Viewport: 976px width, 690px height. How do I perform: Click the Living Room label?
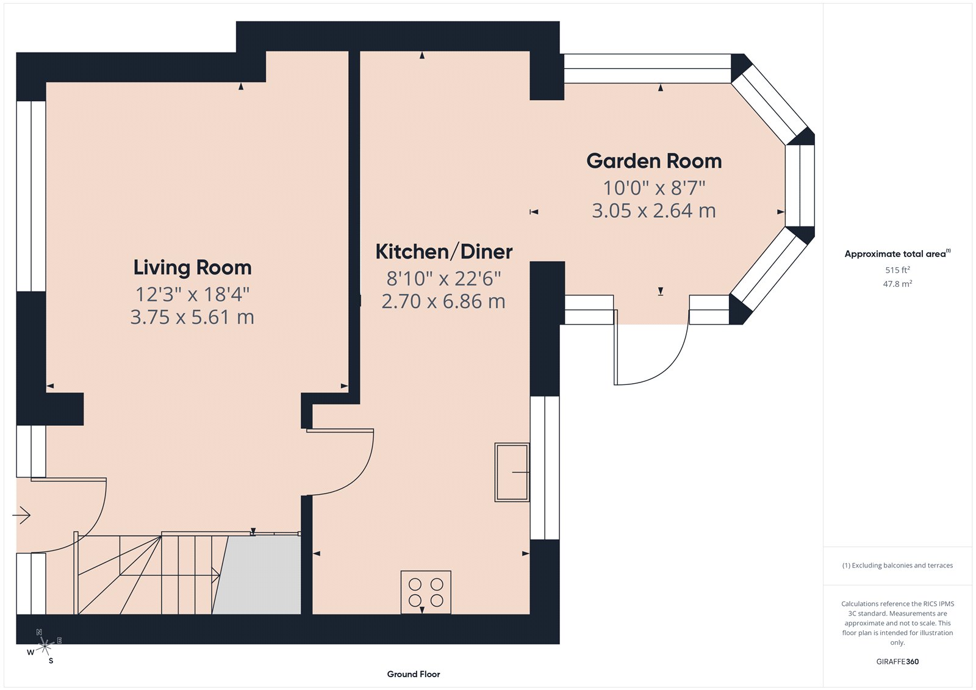click(192, 267)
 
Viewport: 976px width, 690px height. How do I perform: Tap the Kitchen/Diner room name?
click(443, 251)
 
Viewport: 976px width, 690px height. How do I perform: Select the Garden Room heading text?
click(654, 161)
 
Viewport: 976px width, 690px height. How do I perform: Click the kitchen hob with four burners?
click(426, 592)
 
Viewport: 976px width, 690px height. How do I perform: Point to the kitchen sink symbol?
click(512, 472)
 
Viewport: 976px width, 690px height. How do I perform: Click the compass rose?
click(45, 647)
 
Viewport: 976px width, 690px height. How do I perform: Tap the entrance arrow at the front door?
click(22, 516)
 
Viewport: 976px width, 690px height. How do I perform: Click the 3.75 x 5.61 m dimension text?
click(192, 317)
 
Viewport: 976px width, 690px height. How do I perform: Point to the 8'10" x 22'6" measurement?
click(443, 279)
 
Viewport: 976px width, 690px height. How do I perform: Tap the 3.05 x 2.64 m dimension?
click(654, 211)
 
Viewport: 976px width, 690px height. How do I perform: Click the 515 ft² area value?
click(897, 270)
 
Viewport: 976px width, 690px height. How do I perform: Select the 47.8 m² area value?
click(897, 284)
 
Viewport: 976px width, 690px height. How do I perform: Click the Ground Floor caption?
click(413, 674)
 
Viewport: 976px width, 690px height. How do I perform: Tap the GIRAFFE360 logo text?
click(897, 661)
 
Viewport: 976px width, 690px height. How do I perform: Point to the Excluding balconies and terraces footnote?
click(897, 566)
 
